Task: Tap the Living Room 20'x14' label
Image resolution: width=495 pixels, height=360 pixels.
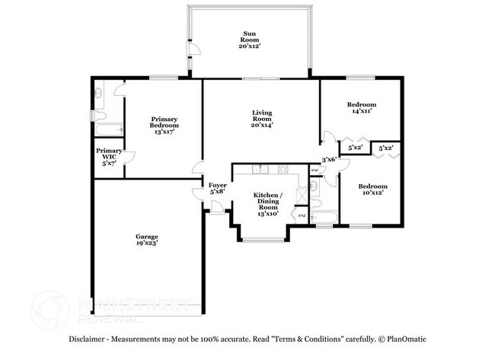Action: [262, 119]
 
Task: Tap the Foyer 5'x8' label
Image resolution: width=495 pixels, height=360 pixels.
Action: [217, 188]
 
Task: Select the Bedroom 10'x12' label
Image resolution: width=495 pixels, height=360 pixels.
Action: [373, 190]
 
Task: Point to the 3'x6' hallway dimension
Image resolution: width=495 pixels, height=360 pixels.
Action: [329, 160]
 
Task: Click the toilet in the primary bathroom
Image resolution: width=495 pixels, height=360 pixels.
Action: [97, 115]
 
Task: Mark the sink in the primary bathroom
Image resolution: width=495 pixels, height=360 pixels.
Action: [100, 93]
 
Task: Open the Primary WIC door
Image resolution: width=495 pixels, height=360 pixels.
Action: [129, 158]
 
